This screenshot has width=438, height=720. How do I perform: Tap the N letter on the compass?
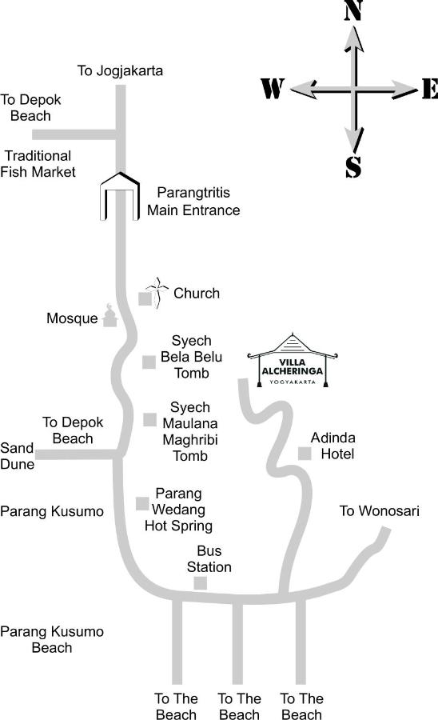coord(353,10)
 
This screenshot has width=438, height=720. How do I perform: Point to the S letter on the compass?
coord(353,166)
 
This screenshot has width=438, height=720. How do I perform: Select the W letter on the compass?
coord(273,88)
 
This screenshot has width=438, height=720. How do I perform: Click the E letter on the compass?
coord(430,88)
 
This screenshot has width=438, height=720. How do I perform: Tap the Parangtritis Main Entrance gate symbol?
coord(120,196)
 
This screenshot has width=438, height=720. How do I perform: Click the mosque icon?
coord(109,315)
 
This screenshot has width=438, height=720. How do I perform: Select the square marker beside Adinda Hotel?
coord(305,454)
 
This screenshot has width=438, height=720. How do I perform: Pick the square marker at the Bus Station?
coord(200,583)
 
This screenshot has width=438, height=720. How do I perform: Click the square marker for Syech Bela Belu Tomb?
coord(149,362)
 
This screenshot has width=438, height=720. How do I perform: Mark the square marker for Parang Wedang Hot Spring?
coord(142,503)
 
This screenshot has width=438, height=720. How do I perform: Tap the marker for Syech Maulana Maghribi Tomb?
coord(149,419)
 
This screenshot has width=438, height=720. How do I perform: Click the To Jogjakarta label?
coord(120,70)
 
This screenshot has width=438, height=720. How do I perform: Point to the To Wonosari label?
coord(380,510)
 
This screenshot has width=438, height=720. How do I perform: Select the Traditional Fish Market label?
coord(38,164)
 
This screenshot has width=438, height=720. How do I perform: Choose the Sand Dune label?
coord(18,456)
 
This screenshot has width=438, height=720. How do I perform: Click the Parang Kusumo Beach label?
coord(52,640)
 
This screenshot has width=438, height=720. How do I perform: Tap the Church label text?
coord(197,293)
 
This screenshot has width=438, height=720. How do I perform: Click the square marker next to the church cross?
coord(145,298)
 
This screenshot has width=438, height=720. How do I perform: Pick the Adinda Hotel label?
coord(333,446)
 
